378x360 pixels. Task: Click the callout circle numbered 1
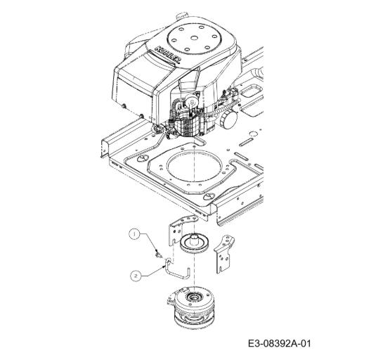[x=134, y=234]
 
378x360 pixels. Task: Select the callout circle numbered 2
[x=136, y=276]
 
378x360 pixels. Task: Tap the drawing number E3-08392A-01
[x=280, y=343]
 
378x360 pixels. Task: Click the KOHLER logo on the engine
[x=168, y=56]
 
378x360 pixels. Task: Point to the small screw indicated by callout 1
[x=158, y=255]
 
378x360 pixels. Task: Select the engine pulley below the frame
[x=195, y=244]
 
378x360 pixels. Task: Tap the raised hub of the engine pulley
[x=194, y=239]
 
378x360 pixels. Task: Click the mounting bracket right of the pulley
[x=223, y=253]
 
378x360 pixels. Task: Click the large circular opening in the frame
[x=194, y=167]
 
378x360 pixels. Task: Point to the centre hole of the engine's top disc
[x=194, y=38]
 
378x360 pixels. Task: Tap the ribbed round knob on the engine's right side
[x=228, y=120]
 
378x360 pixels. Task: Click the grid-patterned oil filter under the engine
[x=188, y=126]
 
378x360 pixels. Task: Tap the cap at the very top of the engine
[x=182, y=15]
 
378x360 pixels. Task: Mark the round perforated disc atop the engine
[x=194, y=38]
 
